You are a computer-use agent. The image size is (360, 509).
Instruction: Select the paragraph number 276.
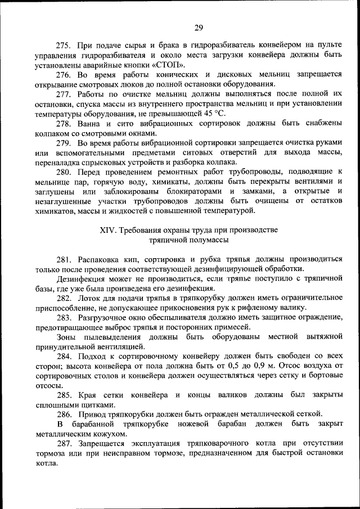[64, 75]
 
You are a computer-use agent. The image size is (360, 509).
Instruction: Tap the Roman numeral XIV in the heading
[110, 231]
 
